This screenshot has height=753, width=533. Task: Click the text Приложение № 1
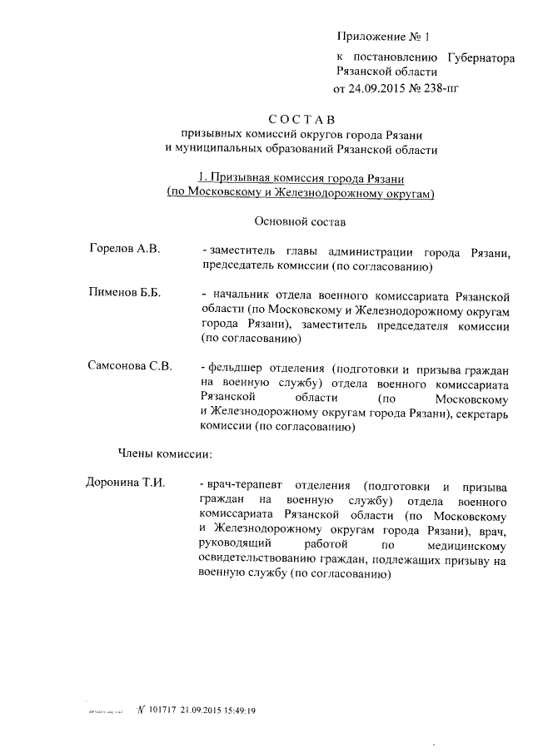click(381, 36)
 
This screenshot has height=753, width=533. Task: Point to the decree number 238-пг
click(441, 87)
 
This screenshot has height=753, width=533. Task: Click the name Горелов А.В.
click(125, 250)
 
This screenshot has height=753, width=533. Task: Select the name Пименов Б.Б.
click(124, 294)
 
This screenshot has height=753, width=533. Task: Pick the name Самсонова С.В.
click(130, 367)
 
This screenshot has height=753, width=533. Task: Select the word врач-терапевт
click(245, 485)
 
